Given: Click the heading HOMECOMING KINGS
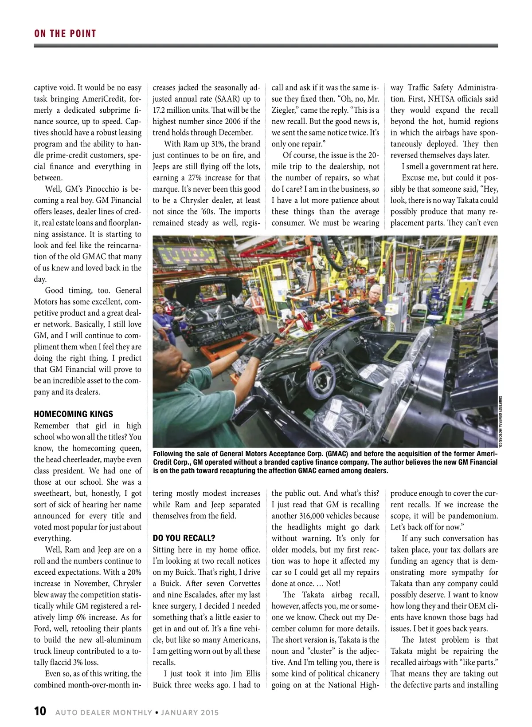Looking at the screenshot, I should point(73,414).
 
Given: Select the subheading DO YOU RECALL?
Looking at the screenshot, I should point(184,538).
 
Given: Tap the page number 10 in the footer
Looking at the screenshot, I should point(40,711).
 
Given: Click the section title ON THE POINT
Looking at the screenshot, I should point(65,33).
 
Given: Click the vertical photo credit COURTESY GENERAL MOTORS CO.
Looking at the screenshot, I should point(500,419).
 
